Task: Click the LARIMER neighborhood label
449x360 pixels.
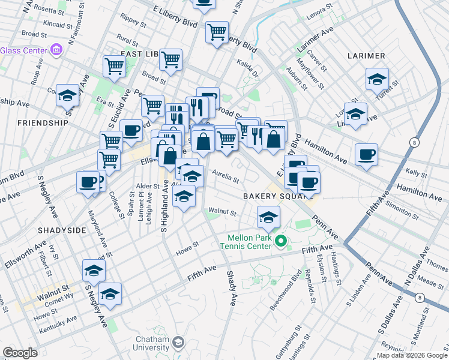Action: click(366, 56)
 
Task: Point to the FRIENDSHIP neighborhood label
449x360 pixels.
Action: click(43, 122)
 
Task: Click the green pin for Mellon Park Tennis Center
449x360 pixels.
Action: click(280, 242)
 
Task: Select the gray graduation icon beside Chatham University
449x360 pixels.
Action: click(178, 343)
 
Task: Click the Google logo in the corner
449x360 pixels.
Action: click(19, 353)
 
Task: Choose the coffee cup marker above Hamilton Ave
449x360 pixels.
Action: click(366, 155)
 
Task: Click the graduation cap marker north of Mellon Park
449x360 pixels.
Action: click(269, 217)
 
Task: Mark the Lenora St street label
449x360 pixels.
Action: click(319, 12)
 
